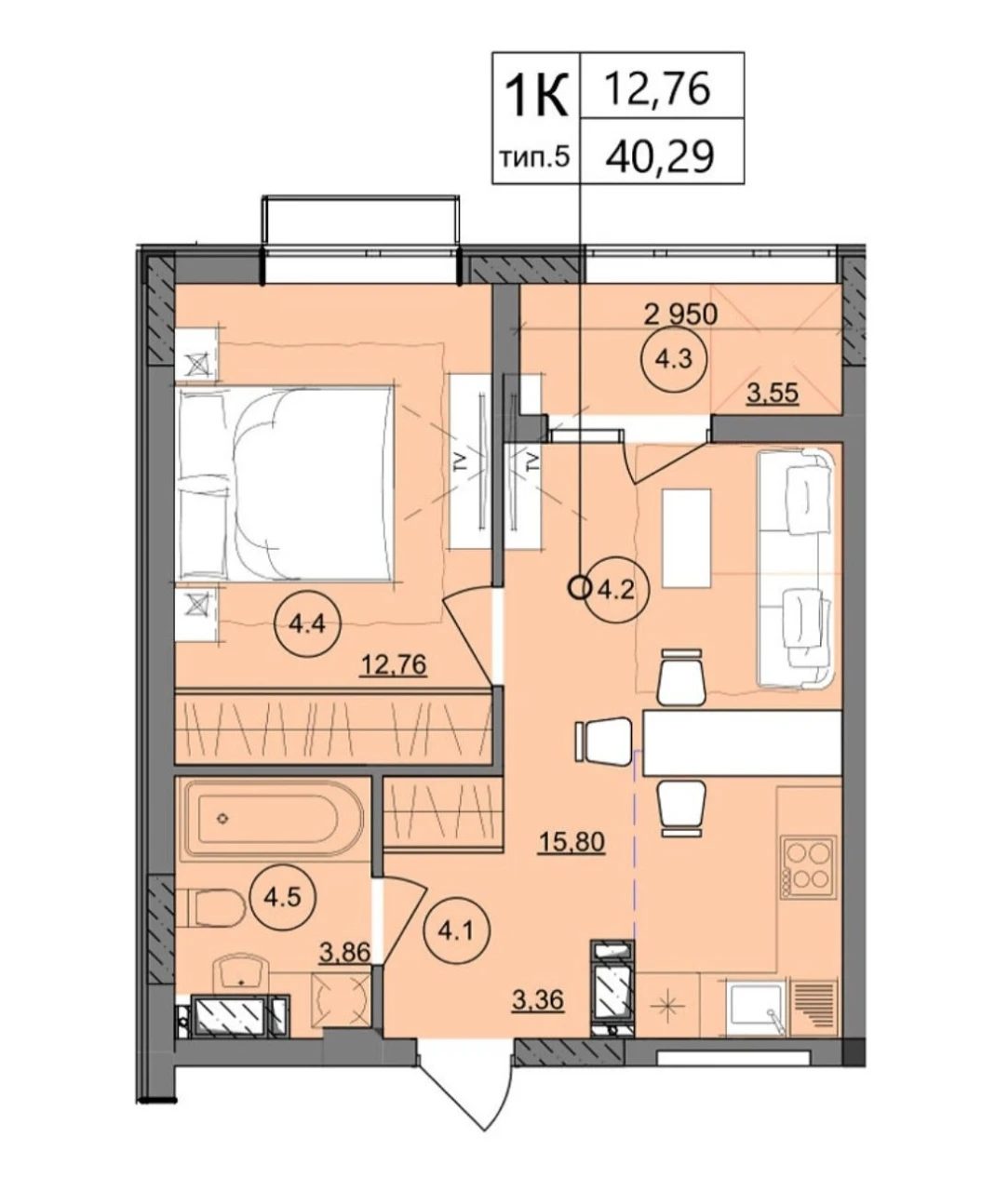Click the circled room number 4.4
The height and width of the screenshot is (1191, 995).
pos(307,624)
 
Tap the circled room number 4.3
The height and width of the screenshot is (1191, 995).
pos(675,359)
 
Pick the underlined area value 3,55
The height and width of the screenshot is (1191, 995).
pos(773,393)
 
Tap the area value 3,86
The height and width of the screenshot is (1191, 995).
pos(345,952)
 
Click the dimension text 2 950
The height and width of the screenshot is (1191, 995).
pos(680,314)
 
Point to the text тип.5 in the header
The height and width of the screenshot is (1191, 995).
pos(534,157)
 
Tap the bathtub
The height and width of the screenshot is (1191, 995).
pos(271,820)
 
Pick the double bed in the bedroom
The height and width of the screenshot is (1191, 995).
pos(285,484)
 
